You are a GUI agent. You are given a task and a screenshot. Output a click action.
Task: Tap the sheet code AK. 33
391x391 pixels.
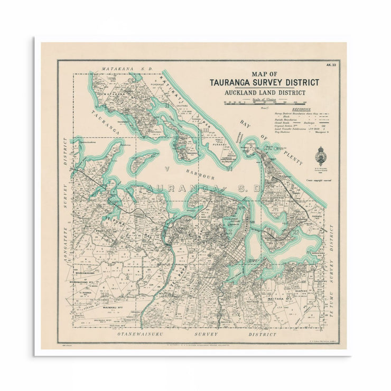pos(331,65)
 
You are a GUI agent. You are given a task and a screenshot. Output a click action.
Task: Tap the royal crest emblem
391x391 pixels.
pos(320,155)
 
